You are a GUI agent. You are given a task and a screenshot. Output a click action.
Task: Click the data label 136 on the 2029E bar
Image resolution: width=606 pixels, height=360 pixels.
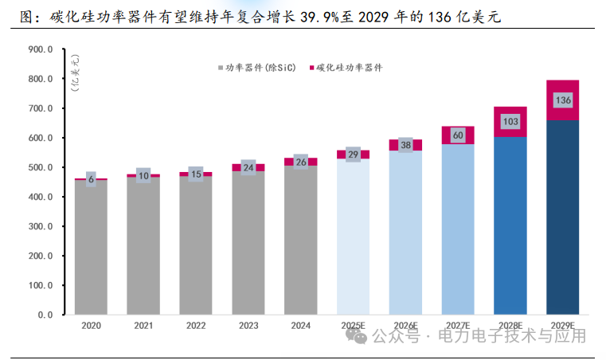coord(562,100)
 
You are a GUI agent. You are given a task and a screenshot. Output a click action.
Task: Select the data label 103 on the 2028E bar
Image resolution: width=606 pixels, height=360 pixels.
coord(510,122)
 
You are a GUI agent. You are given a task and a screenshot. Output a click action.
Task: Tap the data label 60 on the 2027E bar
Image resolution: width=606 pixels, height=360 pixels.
coord(458,135)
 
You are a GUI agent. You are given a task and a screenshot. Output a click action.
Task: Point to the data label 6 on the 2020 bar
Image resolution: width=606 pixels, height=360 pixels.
coord(91,179)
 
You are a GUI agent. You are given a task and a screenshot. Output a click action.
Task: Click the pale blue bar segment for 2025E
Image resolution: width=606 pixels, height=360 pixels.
coord(353,239)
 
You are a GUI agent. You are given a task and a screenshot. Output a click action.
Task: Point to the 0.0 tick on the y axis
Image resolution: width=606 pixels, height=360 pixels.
coord(45,315)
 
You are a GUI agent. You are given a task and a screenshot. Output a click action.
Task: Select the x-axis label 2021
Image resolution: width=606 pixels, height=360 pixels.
coord(143,326)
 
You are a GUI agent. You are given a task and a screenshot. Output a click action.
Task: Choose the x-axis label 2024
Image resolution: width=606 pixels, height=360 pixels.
coord(300,326)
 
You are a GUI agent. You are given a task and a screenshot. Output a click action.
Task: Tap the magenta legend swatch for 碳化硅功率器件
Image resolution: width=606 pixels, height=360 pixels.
coord(311,68)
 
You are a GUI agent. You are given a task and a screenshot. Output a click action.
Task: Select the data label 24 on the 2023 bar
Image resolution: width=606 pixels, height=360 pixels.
coord(248,168)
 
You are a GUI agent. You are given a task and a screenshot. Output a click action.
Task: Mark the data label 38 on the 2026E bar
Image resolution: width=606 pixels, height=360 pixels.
coord(405,145)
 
